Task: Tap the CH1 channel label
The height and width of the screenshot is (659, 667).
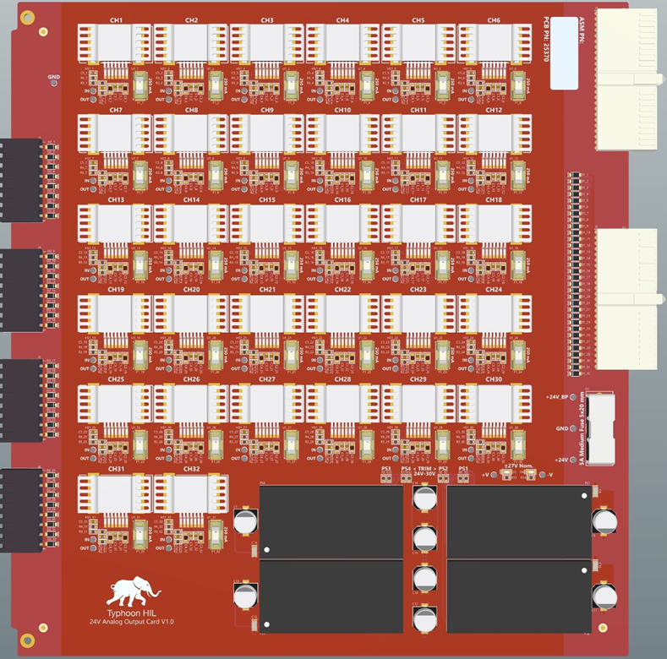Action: point(116,20)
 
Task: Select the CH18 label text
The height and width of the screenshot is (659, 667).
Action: point(494,200)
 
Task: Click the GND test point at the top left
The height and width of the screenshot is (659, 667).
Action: point(54,83)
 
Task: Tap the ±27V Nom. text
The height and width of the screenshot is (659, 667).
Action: point(517,466)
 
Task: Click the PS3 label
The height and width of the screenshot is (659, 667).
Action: point(386,468)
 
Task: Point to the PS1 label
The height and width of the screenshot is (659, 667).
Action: point(463,468)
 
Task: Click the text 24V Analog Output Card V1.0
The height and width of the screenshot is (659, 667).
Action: point(131,622)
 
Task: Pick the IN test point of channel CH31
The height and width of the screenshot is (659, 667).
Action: point(101,536)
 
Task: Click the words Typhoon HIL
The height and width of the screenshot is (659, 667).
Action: point(131,612)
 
